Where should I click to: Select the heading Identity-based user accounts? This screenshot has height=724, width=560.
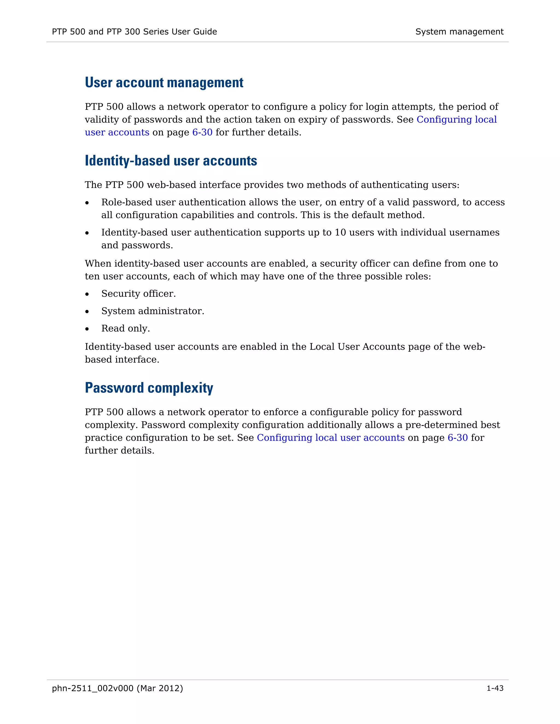click(x=171, y=161)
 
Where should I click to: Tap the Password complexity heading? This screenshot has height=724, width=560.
click(x=149, y=388)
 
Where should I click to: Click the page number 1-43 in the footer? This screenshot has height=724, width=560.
click(x=495, y=688)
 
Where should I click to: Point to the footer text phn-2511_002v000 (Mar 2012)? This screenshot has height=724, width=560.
click(x=117, y=688)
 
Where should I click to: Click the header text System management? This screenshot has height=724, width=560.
click(x=459, y=32)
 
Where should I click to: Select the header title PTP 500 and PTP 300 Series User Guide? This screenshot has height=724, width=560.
click(x=134, y=32)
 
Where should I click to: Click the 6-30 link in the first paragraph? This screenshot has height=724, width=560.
click(x=202, y=132)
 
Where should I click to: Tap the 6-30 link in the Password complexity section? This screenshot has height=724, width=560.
click(x=457, y=438)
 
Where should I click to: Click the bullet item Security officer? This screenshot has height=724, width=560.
click(x=138, y=294)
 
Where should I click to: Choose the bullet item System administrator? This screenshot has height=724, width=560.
click(x=153, y=311)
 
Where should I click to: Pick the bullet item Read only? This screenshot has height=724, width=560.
click(x=126, y=328)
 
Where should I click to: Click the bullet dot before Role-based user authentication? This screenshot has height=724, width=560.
click(x=87, y=203)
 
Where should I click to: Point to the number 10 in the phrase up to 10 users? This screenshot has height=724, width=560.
click(x=340, y=232)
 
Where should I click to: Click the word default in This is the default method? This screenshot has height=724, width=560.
click(x=367, y=215)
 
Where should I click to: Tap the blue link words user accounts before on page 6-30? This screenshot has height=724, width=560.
click(x=117, y=132)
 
